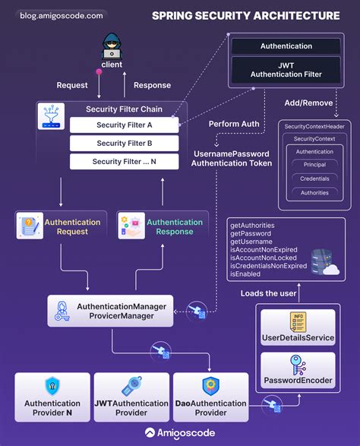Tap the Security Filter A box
tap(124, 125)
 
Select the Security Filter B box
tap(124, 143)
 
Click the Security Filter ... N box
tap(124, 161)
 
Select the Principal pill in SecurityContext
tap(314, 165)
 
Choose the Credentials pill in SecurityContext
tap(314, 179)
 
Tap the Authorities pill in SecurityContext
tap(314, 192)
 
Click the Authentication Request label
tap(72, 226)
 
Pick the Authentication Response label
tap(174, 226)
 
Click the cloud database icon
tap(332, 266)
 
